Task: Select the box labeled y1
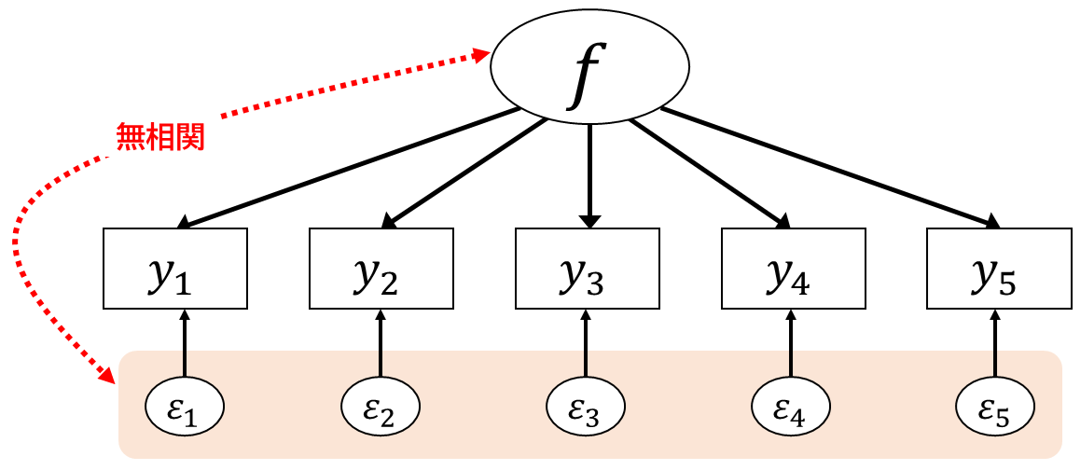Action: (174, 269)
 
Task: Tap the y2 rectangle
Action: (381, 269)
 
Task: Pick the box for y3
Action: (587, 269)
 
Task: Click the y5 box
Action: (998, 269)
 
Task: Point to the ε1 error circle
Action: (187, 408)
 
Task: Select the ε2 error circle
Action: (381, 408)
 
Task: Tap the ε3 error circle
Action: (586, 408)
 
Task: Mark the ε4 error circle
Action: (791, 408)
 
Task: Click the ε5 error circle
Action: (996, 408)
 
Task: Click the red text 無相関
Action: (159, 138)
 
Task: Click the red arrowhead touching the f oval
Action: (482, 55)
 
